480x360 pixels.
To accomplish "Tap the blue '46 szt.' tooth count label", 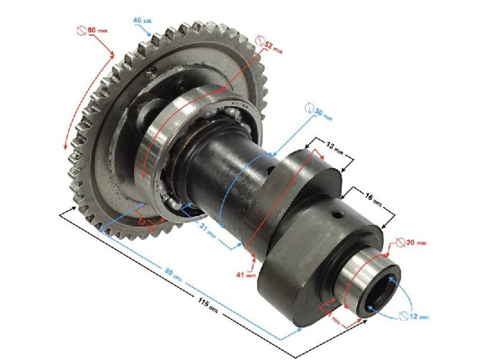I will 142,20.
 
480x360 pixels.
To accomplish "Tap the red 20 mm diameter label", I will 415,242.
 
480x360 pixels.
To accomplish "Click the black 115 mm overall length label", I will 205,303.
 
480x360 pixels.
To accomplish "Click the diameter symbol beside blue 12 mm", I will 404,315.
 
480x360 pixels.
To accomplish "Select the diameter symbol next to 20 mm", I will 400,242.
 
